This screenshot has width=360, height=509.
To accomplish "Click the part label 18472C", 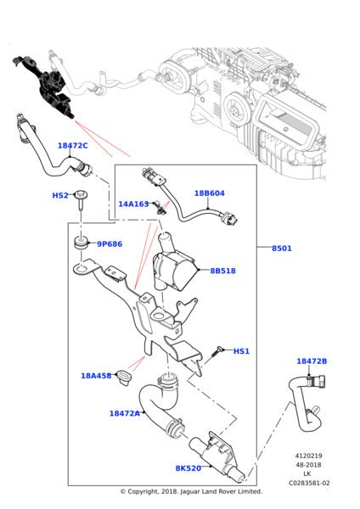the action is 72,145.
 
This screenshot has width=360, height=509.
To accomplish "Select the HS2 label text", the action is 60,195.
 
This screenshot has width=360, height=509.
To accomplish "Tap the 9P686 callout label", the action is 110,243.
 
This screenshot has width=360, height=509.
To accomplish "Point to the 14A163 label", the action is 133,204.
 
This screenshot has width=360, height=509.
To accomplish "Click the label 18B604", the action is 209,193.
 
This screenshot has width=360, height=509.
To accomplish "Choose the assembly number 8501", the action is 282,249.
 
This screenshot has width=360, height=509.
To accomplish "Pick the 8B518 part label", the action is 222,271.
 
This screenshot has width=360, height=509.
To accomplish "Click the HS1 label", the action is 241,351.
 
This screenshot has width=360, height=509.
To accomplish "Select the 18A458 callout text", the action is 96,376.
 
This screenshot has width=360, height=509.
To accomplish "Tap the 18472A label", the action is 125,413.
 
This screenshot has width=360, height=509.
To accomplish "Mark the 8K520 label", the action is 188,468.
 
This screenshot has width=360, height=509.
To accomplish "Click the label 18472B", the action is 312,361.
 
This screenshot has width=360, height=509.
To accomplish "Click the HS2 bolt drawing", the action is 81,200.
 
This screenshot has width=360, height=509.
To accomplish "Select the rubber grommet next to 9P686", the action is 82,243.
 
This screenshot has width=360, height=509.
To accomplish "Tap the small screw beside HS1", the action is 217,351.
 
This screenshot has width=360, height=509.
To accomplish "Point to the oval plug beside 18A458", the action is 124,378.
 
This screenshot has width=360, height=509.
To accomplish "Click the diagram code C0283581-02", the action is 309,483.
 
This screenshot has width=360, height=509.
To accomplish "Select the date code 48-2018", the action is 308,465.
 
